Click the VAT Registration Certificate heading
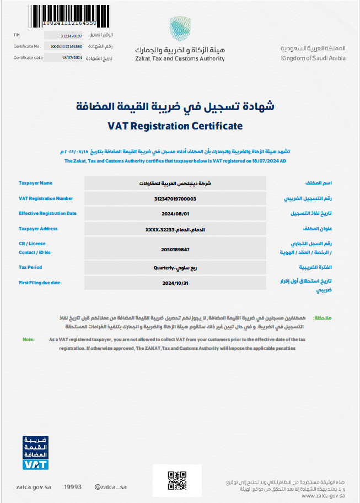click(x=175, y=126)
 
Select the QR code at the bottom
click(x=178, y=480)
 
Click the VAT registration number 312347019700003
click(x=175, y=198)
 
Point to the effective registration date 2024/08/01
click(x=175, y=214)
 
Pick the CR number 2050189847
click(x=175, y=250)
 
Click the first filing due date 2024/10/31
click(x=175, y=283)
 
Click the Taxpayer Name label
click(x=35, y=183)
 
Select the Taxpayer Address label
click(x=38, y=229)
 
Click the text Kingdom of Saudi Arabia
click(x=313, y=58)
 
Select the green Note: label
click(x=29, y=339)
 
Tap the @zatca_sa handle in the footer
click(x=110, y=487)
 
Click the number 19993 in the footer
click(x=73, y=487)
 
